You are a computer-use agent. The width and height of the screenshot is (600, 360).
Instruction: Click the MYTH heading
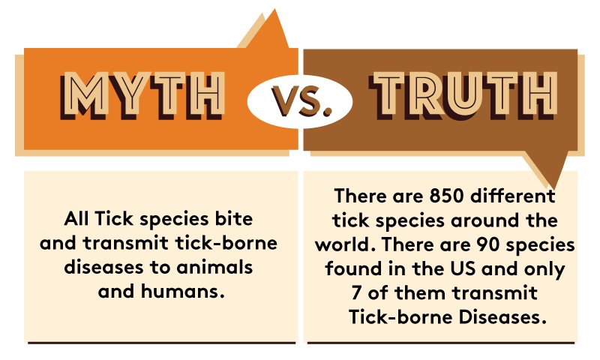(142, 95)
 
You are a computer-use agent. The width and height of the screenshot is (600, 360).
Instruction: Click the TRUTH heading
(463, 95)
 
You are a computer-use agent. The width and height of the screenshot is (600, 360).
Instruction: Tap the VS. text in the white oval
(301, 101)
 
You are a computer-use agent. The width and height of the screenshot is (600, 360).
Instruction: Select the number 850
(446, 196)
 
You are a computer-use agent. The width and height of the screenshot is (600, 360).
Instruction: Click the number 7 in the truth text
(356, 293)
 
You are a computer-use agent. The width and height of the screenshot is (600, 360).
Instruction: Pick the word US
(463, 268)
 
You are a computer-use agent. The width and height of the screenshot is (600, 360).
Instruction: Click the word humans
(182, 292)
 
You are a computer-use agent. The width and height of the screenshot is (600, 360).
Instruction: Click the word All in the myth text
(76, 219)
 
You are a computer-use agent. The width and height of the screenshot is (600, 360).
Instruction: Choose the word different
(512, 196)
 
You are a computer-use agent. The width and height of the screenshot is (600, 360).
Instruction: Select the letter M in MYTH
(82, 95)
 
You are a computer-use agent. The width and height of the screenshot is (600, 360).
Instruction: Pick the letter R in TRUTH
(427, 95)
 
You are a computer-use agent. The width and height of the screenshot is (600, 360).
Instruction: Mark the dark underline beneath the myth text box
(162, 343)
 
